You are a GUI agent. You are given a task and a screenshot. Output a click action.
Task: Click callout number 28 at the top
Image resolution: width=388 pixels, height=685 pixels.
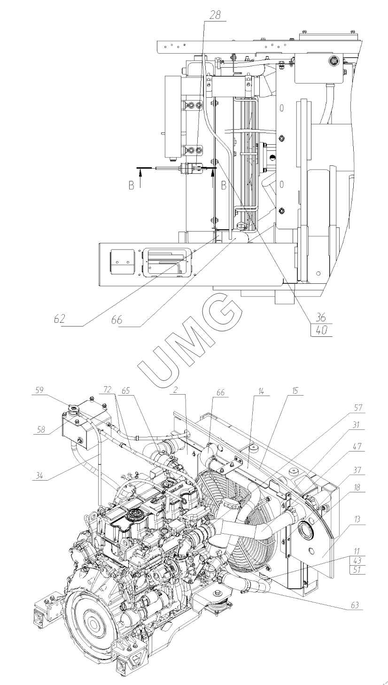coord(215,16)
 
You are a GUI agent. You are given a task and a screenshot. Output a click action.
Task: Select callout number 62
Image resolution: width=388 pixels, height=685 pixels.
coord(59,319)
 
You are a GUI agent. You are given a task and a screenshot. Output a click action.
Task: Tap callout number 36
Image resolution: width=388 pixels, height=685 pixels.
coord(320,317)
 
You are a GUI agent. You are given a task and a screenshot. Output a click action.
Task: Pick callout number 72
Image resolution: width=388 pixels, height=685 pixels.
coord(108,390)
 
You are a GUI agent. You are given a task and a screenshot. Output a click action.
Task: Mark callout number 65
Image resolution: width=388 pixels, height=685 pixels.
coord(125,390)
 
